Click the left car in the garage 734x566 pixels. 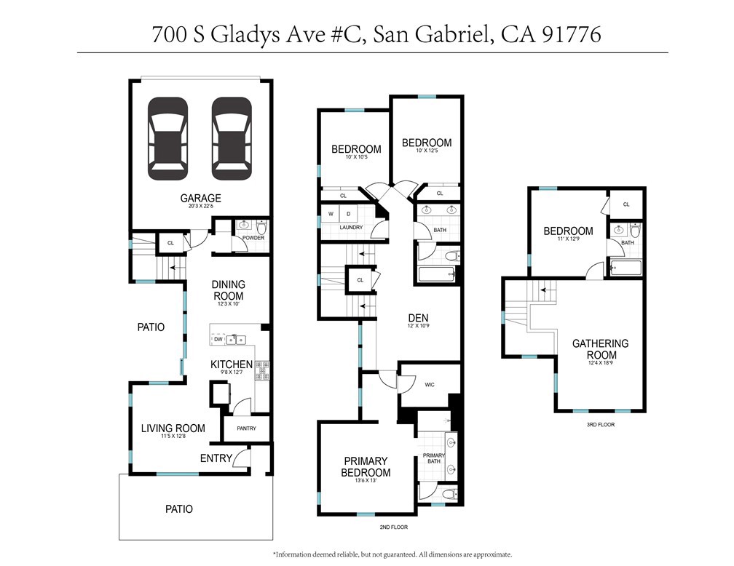167,139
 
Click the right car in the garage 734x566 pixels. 232,139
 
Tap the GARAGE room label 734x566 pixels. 200,198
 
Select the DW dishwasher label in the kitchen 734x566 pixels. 218,340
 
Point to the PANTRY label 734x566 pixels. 246,429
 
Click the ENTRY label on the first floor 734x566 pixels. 216,458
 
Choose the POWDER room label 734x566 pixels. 253,238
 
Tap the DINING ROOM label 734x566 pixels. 228,290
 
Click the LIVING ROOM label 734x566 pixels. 173,429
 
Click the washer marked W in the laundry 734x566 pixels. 331,214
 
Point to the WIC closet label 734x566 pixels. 430,384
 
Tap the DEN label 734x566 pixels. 418,317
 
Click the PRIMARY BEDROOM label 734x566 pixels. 366,467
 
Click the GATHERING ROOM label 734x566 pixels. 600,349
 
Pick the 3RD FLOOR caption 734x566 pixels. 600,424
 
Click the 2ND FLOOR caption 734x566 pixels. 393,527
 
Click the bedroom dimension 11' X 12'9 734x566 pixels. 568,242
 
